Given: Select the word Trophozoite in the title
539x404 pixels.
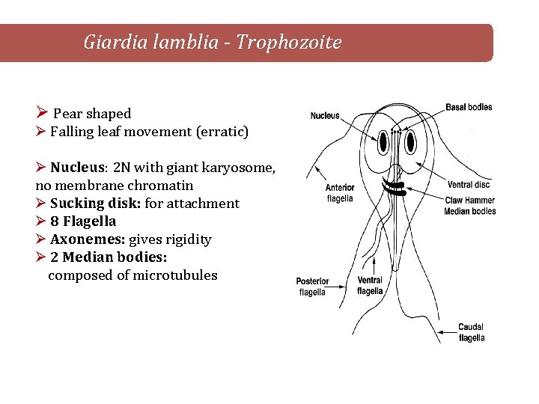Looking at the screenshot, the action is click(x=289, y=43).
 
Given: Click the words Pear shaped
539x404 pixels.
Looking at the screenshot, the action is click(x=92, y=114).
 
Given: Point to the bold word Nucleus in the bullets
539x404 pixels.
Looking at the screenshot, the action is click(x=76, y=168).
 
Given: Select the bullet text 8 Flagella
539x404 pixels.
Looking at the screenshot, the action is click(x=82, y=221).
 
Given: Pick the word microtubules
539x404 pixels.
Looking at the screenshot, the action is click(x=175, y=275).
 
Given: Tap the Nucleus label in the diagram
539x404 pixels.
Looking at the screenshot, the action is click(x=325, y=116).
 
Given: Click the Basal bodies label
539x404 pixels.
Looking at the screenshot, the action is click(x=469, y=107).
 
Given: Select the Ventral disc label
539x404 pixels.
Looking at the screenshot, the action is click(x=470, y=185).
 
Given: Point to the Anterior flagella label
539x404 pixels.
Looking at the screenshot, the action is click(x=340, y=194).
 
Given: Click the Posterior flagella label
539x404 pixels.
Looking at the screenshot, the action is click(x=312, y=287).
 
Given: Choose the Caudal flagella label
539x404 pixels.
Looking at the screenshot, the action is click(x=472, y=332).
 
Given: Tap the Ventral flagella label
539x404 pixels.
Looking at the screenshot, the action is click(x=370, y=286).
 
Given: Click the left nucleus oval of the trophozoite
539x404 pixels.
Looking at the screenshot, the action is click(x=383, y=141).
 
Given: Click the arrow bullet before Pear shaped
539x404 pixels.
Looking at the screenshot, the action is click(x=42, y=114).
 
